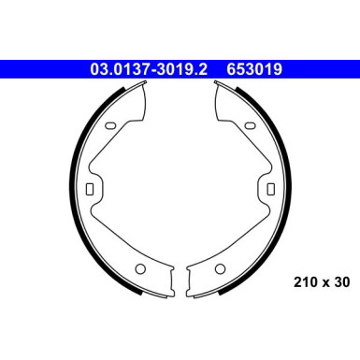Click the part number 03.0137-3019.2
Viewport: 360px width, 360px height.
pos(149,69)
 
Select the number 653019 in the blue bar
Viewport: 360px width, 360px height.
pos(254,69)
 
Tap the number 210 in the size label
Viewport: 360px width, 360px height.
pos(305,282)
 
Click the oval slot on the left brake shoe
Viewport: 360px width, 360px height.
pos(111,125)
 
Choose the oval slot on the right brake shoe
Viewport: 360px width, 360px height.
pos(250,125)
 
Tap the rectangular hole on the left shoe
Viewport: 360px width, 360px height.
pos(90,189)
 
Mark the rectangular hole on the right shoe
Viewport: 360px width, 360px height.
pos(271,189)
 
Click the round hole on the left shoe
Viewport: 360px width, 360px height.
pos(140,268)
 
